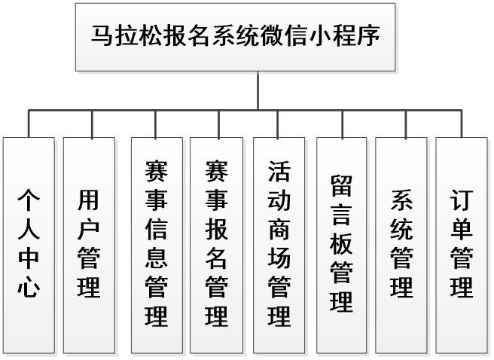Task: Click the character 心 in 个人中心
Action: coord(29,287)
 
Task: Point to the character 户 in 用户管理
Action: coord(89,229)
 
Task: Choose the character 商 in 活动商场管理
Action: coord(279,229)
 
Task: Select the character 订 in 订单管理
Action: coord(462,201)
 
